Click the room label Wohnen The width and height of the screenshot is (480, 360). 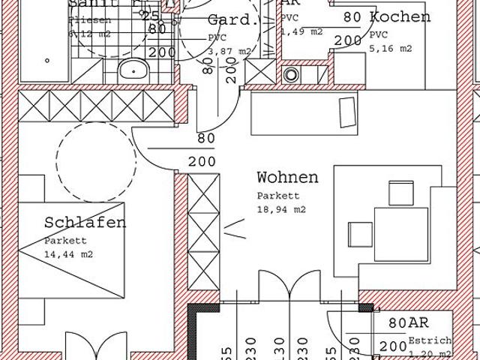[287, 178]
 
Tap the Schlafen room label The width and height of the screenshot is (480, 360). [85, 222]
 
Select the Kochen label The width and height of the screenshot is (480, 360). [400, 16]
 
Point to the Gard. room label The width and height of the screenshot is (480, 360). [233, 19]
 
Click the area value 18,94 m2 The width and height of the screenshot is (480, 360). [280, 210]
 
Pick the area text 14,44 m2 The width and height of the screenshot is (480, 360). [68, 255]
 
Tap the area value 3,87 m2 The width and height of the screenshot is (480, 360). [219, 51]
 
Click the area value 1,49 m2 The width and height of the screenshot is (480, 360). [302, 31]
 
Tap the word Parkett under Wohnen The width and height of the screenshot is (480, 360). [274, 196]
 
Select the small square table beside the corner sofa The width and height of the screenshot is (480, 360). [360, 232]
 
